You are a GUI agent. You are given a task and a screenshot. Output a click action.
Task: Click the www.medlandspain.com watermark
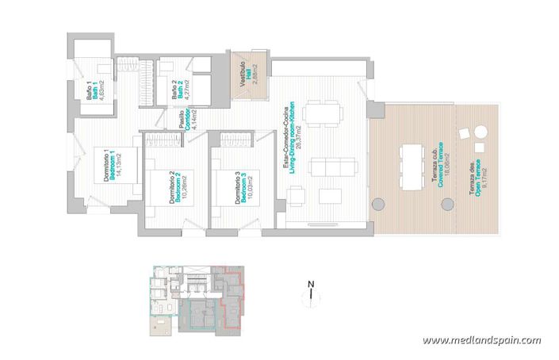coord(481,340)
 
